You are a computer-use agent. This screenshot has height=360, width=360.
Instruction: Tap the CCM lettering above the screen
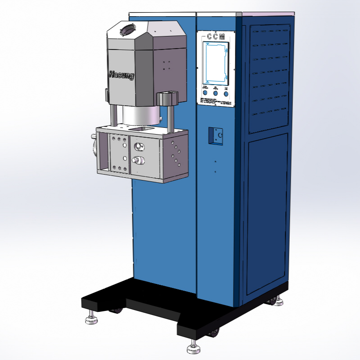tap(216, 37)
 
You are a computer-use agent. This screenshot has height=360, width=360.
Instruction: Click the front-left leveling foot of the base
tap(91, 318)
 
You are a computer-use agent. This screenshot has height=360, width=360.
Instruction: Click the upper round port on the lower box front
tap(138, 146)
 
